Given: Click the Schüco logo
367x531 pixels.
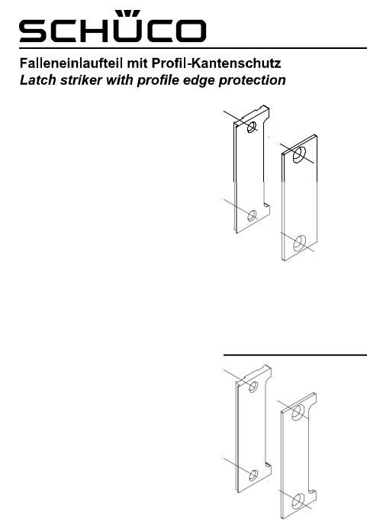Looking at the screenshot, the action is point(113,27).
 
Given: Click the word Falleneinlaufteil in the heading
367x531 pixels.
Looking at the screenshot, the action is point(71,63).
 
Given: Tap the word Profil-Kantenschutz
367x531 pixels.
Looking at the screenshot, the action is point(216,63).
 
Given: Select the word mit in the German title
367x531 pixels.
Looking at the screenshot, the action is point(137,63).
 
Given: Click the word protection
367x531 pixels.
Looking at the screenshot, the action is point(253,80).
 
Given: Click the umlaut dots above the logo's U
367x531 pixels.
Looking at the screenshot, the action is point(127,13).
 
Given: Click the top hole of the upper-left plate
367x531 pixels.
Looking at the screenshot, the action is point(252,128).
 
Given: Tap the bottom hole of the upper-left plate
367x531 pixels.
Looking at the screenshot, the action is point(252,215).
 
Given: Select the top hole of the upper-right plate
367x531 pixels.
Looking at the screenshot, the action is point(299,155).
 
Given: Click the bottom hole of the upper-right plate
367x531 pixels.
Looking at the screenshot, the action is point(299,243).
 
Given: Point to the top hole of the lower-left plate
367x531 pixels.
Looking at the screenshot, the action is point(253,387).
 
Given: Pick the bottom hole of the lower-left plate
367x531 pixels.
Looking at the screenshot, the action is point(253,475).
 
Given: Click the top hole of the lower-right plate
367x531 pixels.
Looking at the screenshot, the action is point(298,413).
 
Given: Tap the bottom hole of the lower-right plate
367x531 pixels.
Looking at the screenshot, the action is point(298,501).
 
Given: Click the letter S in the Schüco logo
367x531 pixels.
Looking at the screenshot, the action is point(33,31).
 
